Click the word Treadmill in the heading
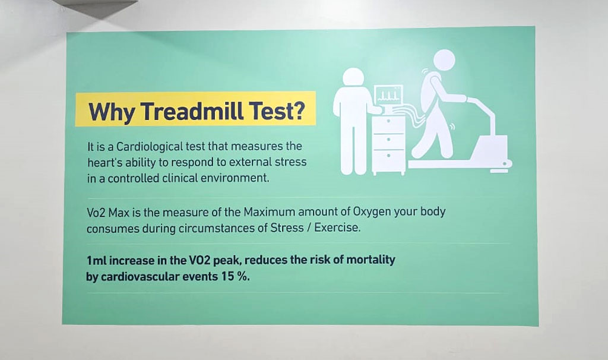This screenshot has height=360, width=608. (192, 111)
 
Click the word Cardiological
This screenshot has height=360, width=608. (149, 147)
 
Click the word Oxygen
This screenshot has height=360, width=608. (372, 213)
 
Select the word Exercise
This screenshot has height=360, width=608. (337, 228)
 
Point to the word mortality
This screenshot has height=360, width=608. (370, 260)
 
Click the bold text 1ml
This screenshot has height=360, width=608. (96, 260)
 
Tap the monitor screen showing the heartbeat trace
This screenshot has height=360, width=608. (388, 94)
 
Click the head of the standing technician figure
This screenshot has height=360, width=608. (353, 78)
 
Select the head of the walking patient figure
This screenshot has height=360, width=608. (444, 61)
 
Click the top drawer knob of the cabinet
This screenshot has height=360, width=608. (388, 121)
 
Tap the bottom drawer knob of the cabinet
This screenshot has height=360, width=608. (388, 156)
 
